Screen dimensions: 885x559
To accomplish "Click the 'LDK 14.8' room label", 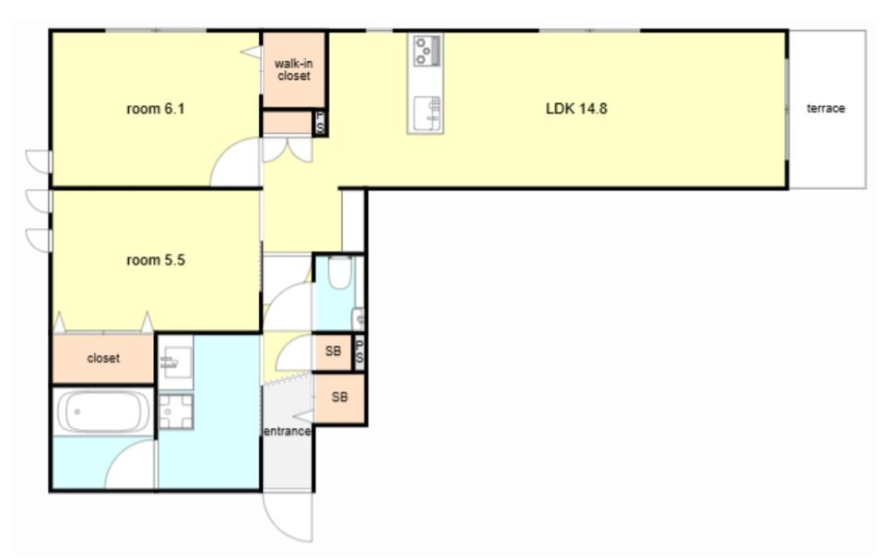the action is tap(576, 109).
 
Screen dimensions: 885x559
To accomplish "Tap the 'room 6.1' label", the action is tap(155, 109).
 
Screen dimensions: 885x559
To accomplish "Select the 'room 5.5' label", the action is tap(155, 260).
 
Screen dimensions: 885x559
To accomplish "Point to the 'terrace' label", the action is tap(826, 109).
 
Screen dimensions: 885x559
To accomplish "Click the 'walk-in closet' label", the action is tap(293, 69).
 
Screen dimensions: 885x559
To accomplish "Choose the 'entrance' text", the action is tap(288, 432).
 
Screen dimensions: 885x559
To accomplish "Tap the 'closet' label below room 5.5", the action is tap(103, 358).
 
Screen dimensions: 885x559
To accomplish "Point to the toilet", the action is tap(340, 272).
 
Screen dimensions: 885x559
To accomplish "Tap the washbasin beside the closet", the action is tap(175, 362).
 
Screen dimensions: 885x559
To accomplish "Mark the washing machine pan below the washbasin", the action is tap(175, 411).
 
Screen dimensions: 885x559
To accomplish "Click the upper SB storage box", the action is tap(333, 351).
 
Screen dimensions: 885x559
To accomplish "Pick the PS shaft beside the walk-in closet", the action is tap(320, 123).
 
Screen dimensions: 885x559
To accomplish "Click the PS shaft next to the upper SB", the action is tap(359, 352).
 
